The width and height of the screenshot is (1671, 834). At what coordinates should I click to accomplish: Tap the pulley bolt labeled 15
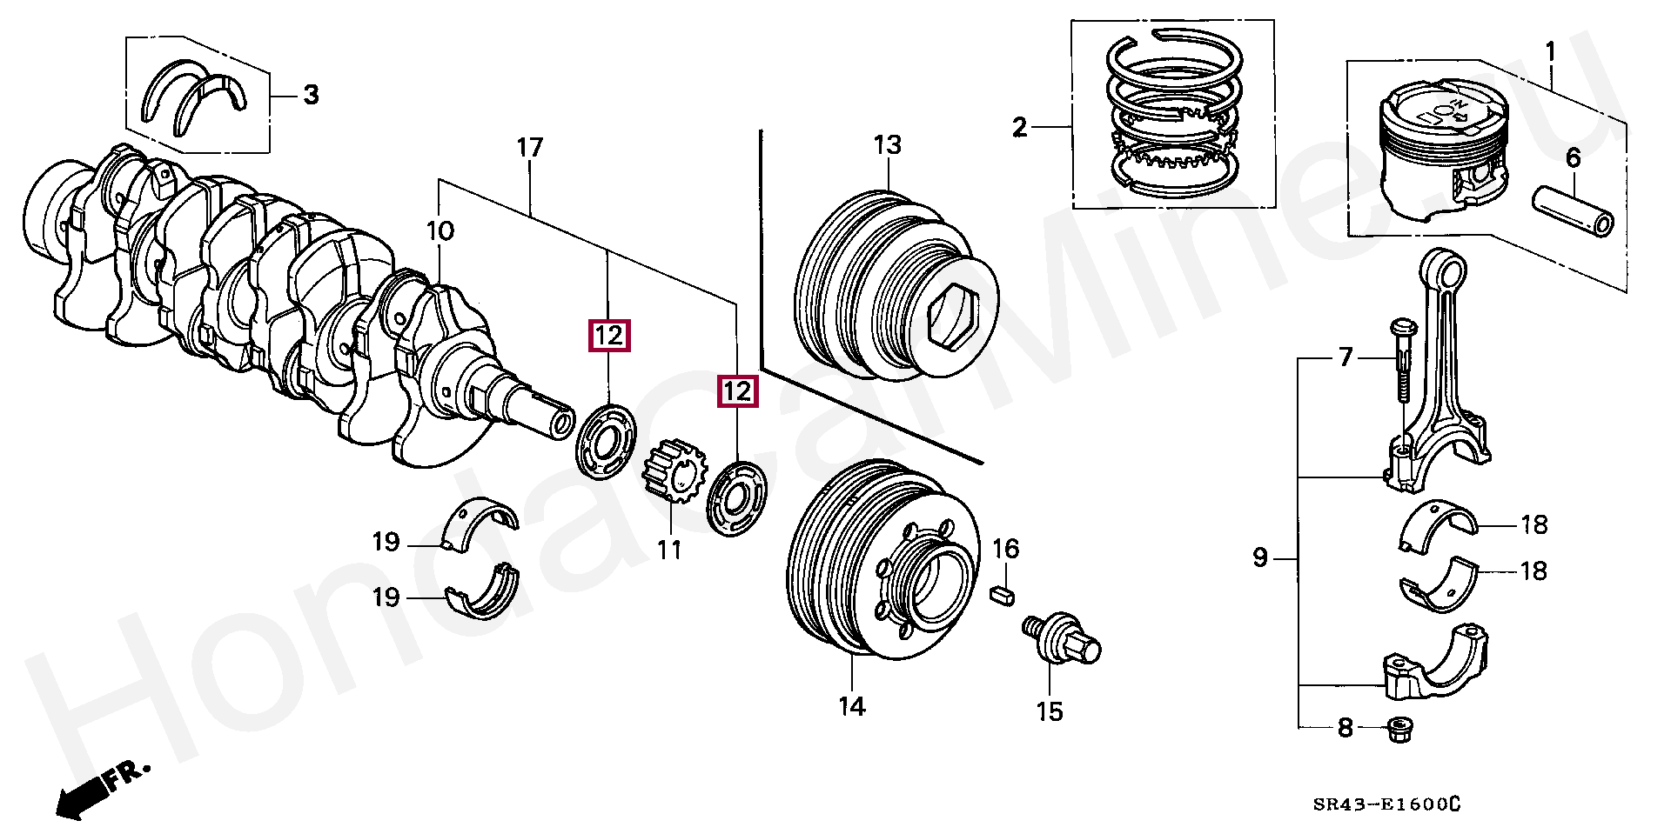pyautogui.click(x=1062, y=640)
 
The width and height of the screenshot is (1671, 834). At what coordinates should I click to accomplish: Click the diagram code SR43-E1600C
pyautogui.click(x=1387, y=805)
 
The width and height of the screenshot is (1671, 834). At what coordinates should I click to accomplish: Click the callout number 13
pyautogui.click(x=888, y=145)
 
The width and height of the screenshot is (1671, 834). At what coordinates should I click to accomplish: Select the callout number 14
pyautogui.click(x=852, y=706)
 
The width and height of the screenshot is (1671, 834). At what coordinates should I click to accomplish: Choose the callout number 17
pyautogui.click(x=529, y=148)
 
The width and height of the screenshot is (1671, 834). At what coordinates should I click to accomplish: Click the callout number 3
pyautogui.click(x=311, y=95)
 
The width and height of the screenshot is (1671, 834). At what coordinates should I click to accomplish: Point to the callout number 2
pyautogui.click(x=1020, y=129)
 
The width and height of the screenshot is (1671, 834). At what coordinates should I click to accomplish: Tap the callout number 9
pyautogui.click(x=1260, y=557)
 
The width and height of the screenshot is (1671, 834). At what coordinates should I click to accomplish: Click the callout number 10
pyautogui.click(x=440, y=231)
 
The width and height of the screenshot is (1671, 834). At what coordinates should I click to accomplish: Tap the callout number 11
pyautogui.click(x=668, y=550)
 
